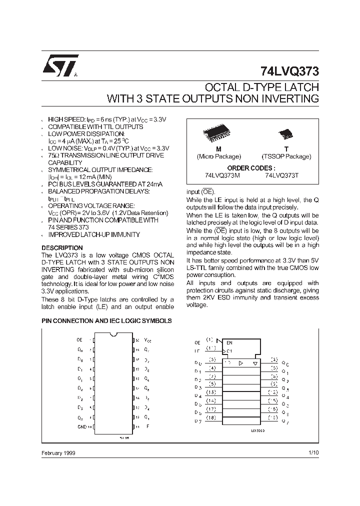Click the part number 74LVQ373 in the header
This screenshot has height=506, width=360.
[289, 71]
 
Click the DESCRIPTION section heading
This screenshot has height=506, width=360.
[62, 248]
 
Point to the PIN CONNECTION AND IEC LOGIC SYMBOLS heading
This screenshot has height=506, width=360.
[106, 321]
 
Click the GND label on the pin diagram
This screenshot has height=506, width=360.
[81, 426]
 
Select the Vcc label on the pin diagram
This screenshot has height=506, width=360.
[147, 339]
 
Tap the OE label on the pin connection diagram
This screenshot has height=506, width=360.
[80, 339]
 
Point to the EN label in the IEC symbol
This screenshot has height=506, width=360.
[229, 343]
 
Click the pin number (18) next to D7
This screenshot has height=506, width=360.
[212, 417]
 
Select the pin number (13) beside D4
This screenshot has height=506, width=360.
[212, 392]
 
